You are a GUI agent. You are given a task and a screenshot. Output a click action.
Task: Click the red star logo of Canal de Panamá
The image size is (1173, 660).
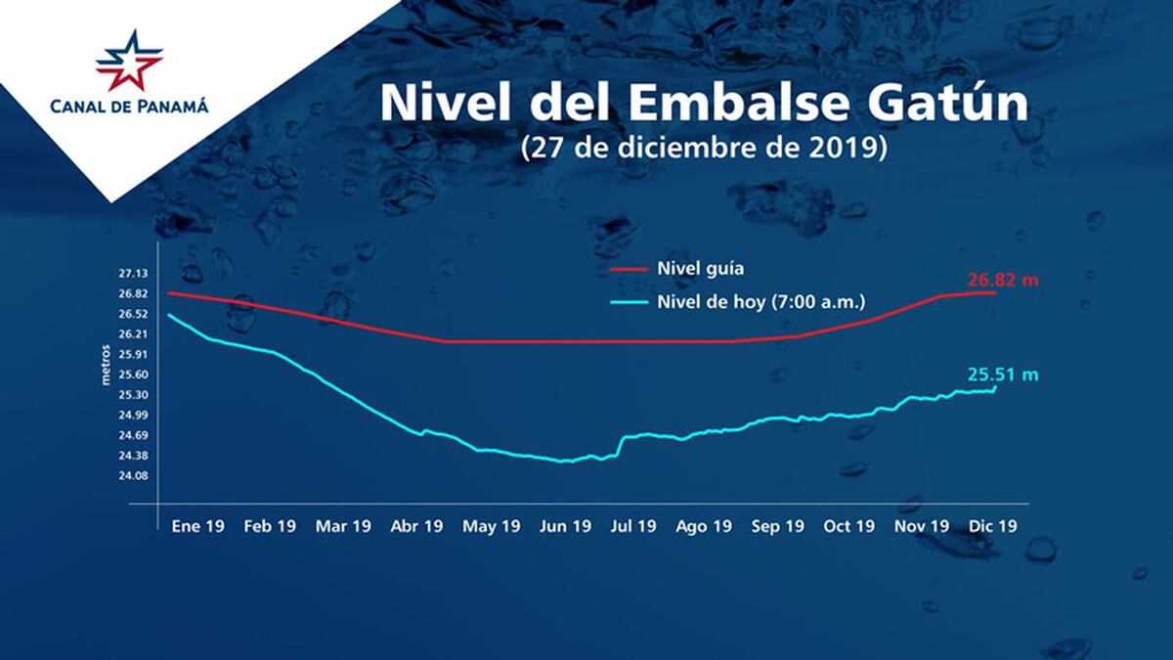coord(129,61)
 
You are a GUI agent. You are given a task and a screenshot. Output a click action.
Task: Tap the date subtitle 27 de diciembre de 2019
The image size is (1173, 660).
coord(703,148)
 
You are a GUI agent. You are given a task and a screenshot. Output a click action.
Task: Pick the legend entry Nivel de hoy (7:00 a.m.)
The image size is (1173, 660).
coord(748,300)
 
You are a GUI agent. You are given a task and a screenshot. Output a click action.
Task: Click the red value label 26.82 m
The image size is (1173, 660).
coord(1002,280)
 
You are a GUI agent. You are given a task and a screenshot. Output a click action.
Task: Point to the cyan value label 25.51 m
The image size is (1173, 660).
coord(1002,374)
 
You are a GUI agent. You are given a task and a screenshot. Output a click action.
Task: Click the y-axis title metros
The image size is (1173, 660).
coord(107,365)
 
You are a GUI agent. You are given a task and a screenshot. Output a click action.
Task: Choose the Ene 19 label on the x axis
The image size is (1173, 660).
coord(197,526)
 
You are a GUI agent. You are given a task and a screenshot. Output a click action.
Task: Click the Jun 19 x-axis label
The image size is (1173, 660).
coord(565,526)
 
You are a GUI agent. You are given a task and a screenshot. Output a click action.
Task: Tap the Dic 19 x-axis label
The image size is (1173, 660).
coord(992,526)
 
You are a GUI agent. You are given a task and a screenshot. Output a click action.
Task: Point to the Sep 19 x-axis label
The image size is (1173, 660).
coord(778,526)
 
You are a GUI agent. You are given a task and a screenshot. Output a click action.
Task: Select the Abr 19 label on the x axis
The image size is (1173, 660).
coord(416,526)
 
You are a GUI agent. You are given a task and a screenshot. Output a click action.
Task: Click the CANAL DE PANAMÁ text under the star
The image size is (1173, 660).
coord(129,107)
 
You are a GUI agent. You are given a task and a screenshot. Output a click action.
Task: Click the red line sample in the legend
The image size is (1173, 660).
coord(628,267)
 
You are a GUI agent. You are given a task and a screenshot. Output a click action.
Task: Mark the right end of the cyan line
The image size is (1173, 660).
coord(995,387)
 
